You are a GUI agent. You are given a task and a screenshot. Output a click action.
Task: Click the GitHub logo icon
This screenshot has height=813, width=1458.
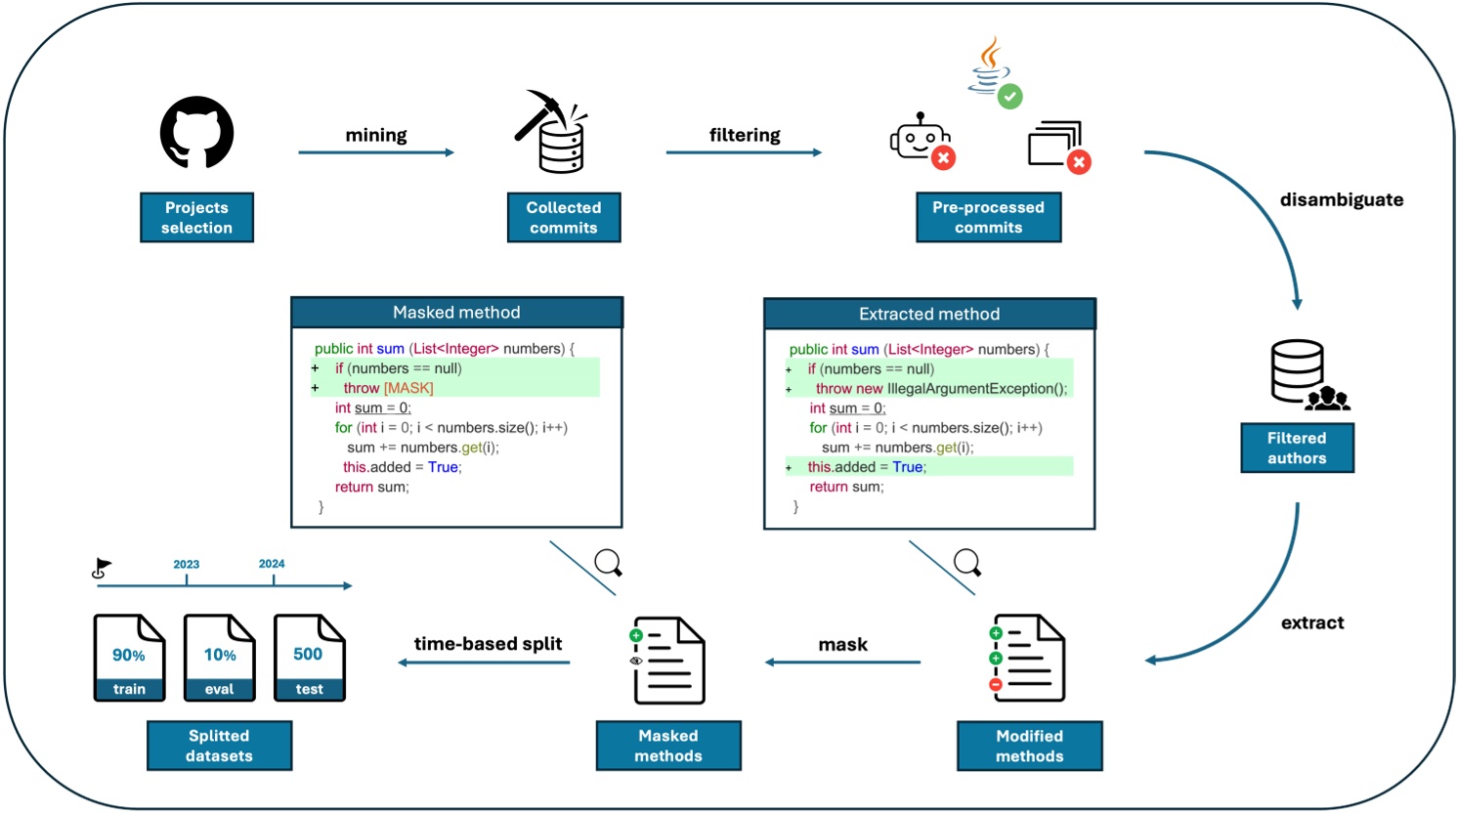pos(196,133)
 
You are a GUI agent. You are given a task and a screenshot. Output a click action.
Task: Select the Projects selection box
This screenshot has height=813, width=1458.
pos(196,217)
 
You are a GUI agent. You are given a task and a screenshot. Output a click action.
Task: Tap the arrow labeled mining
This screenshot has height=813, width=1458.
pos(376,152)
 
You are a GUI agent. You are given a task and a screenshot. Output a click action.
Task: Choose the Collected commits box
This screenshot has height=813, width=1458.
pos(564,217)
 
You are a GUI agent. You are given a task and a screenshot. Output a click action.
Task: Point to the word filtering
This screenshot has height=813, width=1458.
pos(745,135)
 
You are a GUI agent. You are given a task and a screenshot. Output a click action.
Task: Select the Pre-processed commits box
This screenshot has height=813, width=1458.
pos(988,217)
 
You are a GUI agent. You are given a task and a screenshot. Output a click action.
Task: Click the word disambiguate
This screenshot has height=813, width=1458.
pos(1341,199)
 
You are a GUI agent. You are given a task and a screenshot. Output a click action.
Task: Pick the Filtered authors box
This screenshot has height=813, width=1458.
pos(1297,448)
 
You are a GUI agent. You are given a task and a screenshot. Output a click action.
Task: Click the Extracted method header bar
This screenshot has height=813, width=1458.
pos(928,314)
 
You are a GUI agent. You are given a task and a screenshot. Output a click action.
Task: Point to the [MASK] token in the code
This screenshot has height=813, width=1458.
pos(408,388)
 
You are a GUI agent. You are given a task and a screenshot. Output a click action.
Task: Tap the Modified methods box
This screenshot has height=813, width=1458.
pos(1029,746)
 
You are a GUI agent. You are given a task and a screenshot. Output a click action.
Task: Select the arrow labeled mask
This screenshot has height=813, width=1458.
pos(842,663)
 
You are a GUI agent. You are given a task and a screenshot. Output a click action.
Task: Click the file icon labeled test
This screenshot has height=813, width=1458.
pos(309,658)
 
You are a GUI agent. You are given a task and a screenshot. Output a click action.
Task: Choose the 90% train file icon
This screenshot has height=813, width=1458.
pos(129,658)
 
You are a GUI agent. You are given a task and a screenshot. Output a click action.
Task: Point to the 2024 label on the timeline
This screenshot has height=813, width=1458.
pos(272,564)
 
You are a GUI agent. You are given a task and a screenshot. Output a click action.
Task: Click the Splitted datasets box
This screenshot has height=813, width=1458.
pos(219,746)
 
